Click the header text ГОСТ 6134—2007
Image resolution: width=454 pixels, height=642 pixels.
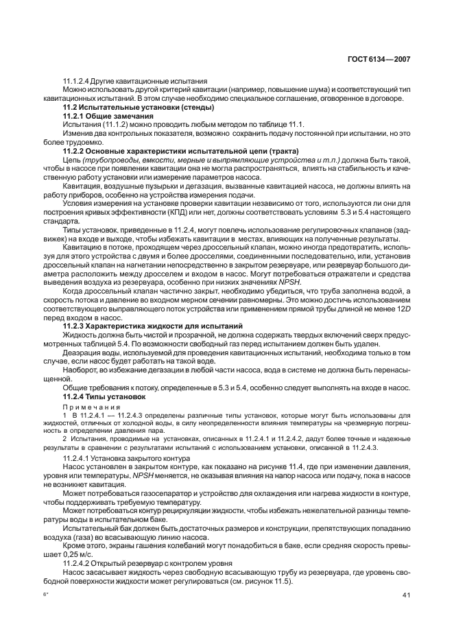[x=383, y=59]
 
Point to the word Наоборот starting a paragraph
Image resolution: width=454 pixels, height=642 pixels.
[x=82, y=370]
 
